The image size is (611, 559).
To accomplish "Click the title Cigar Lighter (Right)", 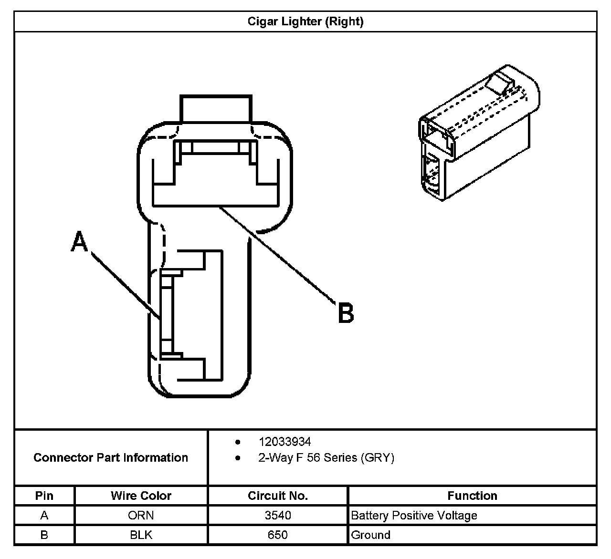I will (305, 21).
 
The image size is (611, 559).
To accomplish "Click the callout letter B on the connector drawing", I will (346, 313).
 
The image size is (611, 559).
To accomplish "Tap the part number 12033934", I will (284, 442).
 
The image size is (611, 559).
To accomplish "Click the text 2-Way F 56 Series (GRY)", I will (326, 458).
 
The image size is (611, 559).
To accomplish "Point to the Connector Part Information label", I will (111, 458).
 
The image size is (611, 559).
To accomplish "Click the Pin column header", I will (44, 496).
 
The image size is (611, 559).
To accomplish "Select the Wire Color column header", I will (141, 496).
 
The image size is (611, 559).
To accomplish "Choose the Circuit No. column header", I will (278, 496).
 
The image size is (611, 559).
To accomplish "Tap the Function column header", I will (472, 496).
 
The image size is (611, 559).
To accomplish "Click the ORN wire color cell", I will (141, 516).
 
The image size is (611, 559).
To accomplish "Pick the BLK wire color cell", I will (141, 535).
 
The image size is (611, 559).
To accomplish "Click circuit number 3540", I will (278, 516).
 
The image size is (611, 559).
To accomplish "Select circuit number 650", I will (278, 535).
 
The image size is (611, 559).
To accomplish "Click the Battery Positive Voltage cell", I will (414, 516).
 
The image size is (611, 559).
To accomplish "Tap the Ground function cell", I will (370, 535).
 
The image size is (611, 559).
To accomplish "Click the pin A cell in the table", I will (44, 516).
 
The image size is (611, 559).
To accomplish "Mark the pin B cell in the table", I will (44, 535).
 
